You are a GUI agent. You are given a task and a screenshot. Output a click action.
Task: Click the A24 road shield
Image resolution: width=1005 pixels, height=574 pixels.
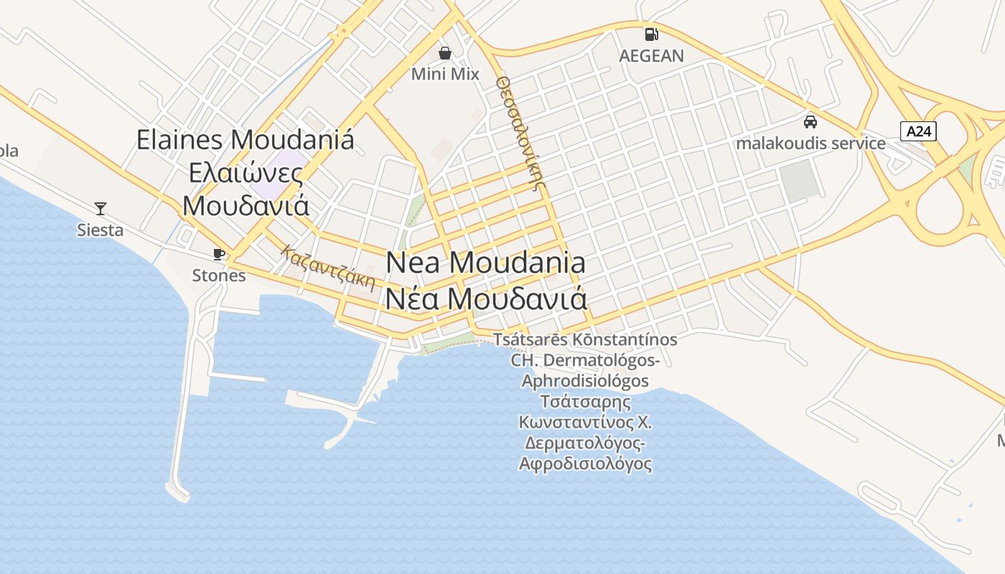tap(918, 131)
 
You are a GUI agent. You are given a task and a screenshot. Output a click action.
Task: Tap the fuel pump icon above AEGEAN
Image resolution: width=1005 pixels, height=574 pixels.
tap(651, 34)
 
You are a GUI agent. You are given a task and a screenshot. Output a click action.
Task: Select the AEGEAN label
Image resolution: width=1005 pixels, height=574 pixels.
tap(652, 55)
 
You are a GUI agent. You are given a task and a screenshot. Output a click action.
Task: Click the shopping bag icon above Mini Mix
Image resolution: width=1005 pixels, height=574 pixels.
tap(445, 53)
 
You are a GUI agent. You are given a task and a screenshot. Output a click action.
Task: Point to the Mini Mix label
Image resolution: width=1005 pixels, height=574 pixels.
tap(445, 73)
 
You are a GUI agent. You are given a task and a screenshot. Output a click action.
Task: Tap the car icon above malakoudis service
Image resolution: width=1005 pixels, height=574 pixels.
tap(810, 121)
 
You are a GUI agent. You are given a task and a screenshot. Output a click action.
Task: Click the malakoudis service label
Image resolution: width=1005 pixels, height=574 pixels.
tap(810, 143)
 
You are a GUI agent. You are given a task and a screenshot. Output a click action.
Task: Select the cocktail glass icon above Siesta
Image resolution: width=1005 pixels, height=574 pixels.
tap(100, 209)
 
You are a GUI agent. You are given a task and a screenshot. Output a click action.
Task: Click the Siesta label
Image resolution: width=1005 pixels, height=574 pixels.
tap(100, 230)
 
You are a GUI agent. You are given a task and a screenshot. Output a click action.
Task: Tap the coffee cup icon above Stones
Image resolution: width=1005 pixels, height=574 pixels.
tap(219, 254)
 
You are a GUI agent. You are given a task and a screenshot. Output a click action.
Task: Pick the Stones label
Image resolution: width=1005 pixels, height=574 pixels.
tap(219, 276)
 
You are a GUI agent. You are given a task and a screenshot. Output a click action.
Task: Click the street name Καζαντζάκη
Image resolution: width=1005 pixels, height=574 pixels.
tap(329, 268)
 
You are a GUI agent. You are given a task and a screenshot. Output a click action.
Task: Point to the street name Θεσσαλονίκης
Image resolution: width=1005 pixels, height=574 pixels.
tap(521, 133)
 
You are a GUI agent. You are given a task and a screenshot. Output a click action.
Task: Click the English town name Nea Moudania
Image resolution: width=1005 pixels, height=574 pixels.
tap(486, 263)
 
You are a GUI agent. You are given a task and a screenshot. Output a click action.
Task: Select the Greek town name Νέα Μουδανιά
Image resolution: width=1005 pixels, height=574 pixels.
tap(486, 298)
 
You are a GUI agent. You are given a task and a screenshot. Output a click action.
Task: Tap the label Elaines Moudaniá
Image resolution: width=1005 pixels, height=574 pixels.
tap(246, 139)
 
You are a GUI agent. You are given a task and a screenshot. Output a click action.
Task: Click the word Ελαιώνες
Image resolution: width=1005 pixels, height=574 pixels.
tap(246, 173)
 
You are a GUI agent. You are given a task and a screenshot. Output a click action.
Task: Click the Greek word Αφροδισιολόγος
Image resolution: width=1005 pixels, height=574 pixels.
tap(585, 464)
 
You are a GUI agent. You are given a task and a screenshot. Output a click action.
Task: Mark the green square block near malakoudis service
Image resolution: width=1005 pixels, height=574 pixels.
tap(800, 181)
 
